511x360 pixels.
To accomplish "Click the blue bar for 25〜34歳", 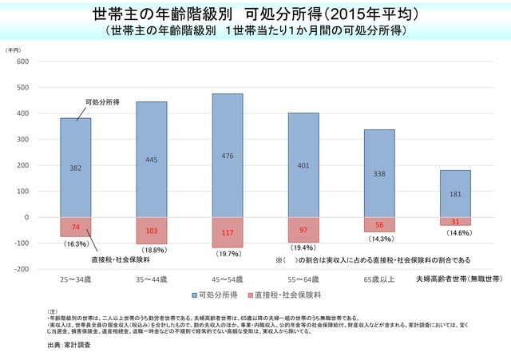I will click(75, 168).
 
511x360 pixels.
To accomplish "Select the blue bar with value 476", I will click(228, 156).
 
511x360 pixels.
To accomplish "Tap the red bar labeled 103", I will click(151, 230).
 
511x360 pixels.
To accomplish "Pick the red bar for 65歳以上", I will click(379, 224).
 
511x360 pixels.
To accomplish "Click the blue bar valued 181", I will click(455, 193).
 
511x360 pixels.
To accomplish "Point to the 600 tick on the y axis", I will click(22, 61).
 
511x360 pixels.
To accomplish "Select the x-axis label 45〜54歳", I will click(228, 279).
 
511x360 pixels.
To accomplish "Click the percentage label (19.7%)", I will click(228, 254).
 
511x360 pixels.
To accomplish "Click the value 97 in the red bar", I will click(303, 230).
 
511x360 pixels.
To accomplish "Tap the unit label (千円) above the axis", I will click(15, 49).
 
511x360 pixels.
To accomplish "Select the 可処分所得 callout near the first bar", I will click(102, 102).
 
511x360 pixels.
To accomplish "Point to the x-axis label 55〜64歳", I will click(303, 279).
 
